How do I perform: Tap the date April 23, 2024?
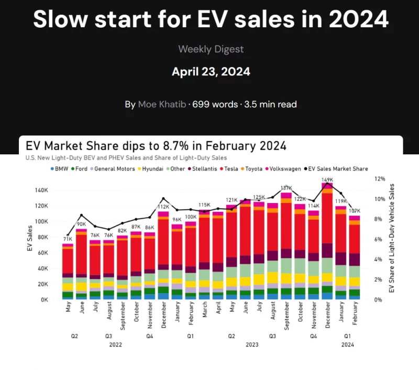(211, 71)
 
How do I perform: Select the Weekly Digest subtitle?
(211, 49)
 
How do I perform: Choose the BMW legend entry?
(60, 169)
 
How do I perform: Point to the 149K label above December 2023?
(327, 180)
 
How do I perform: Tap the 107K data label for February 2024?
(356, 210)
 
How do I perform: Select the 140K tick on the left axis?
(41, 190)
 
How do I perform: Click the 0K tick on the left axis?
(44, 300)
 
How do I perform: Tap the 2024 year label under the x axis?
(348, 344)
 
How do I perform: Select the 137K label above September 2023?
(286, 188)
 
